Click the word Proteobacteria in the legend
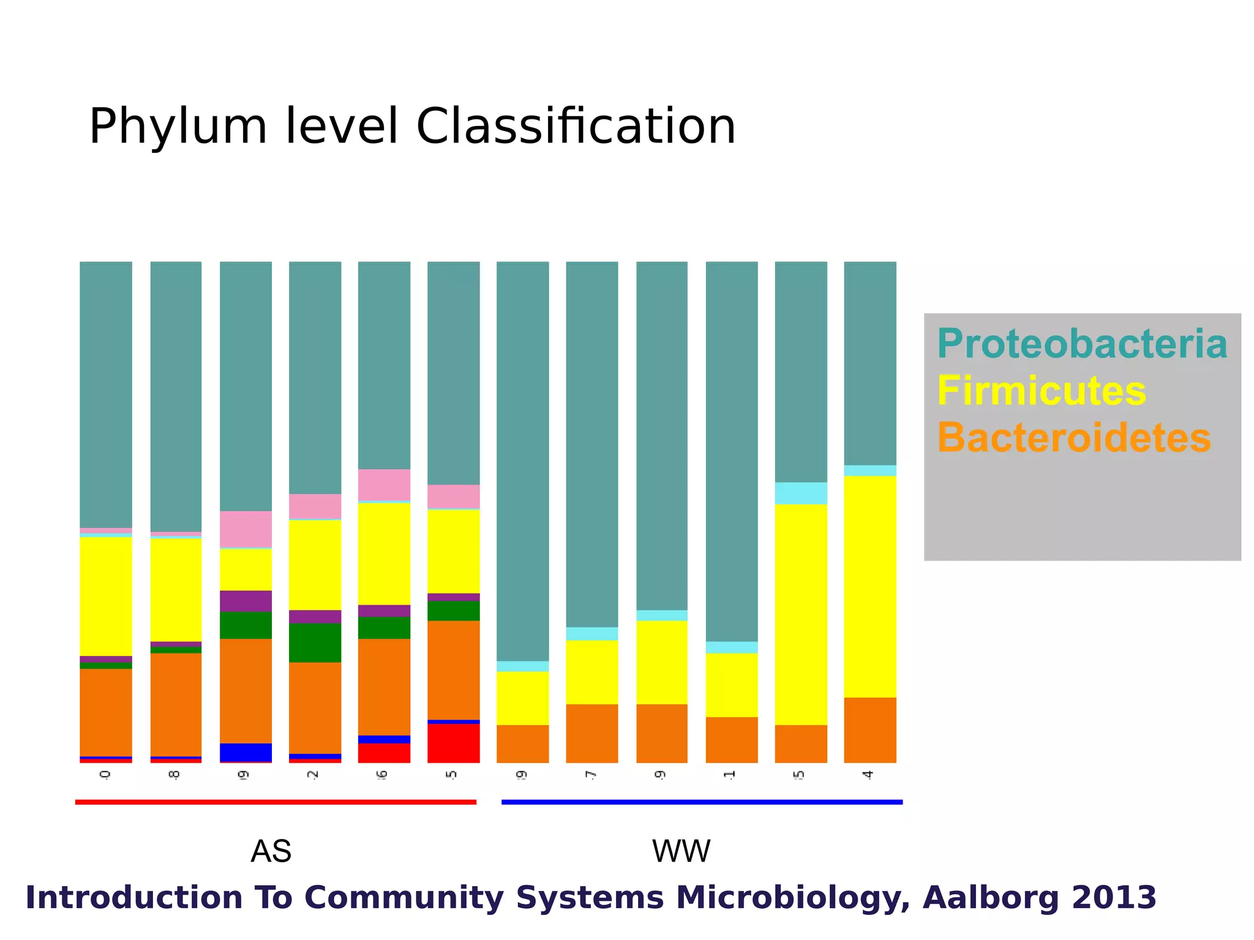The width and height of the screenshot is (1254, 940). tap(1081, 345)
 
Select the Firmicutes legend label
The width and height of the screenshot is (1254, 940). tap(1041, 392)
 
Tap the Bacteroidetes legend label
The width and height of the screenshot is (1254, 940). tap(1073, 438)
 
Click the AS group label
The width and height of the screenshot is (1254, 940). tap(271, 851)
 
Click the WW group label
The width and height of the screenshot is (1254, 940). tap(681, 851)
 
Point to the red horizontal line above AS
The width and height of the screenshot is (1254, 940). tap(276, 802)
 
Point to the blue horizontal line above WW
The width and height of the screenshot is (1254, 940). tap(702, 802)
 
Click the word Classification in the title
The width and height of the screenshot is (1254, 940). tap(576, 127)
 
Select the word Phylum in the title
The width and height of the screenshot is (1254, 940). tap(178, 127)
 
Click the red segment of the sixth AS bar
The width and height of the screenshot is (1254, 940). tap(453, 743)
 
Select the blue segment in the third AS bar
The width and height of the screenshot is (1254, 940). tap(246, 752)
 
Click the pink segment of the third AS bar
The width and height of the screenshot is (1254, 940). tap(246, 529)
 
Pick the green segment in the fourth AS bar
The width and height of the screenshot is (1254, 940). tap(315, 643)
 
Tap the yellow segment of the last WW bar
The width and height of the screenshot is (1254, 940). tap(869, 586)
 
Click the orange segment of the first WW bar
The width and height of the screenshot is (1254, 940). tap(522, 744)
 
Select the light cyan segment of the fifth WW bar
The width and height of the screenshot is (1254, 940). tap(800, 493)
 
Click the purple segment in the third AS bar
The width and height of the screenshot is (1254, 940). tap(246, 601)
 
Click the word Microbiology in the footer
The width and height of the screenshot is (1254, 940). tap(792, 898)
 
